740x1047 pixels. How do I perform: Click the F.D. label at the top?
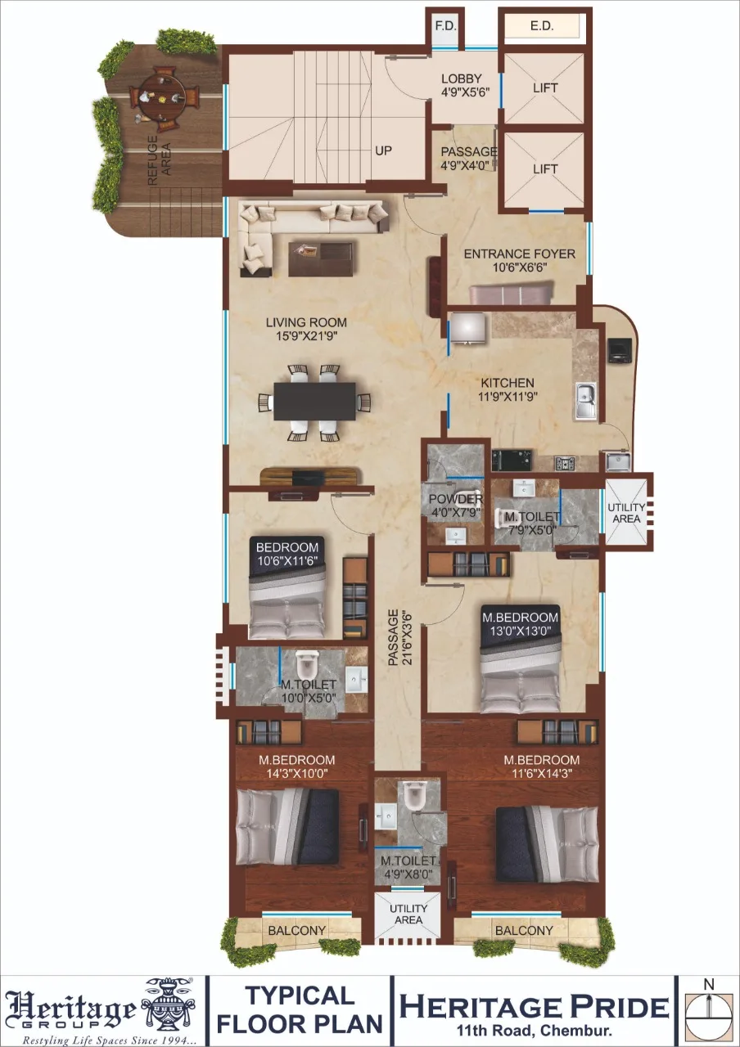(x=445, y=26)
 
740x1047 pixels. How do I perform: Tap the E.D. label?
(x=542, y=26)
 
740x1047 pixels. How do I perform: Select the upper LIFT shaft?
(x=545, y=87)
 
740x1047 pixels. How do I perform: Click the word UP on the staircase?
(x=383, y=151)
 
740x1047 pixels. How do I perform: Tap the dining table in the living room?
(x=314, y=402)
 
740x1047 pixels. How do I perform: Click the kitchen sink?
(x=586, y=401)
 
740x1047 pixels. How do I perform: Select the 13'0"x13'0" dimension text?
(x=521, y=631)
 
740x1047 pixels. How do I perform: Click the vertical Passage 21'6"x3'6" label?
(x=396, y=638)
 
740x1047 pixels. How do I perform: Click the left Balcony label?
(x=297, y=931)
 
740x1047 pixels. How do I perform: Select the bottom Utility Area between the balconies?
(x=408, y=914)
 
